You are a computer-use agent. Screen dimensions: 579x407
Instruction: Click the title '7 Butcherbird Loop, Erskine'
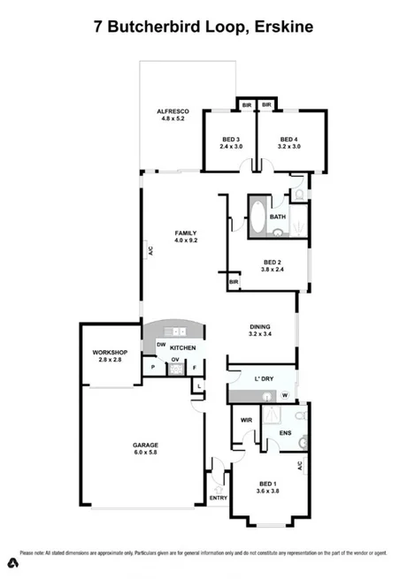click(203, 27)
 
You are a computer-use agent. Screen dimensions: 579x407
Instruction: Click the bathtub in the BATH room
click(257, 217)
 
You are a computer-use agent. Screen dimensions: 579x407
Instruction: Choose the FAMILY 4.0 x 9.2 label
click(185, 236)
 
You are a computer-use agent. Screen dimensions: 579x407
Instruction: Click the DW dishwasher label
click(162, 344)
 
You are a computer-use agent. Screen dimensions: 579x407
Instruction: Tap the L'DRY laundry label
click(264, 379)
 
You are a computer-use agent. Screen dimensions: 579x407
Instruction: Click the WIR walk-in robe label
click(248, 420)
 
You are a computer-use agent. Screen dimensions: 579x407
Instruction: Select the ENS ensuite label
click(286, 432)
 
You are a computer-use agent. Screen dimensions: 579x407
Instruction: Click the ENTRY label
click(218, 498)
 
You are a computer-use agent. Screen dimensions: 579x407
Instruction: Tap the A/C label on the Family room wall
click(150, 250)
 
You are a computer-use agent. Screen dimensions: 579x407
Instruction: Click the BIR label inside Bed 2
click(234, 282)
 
